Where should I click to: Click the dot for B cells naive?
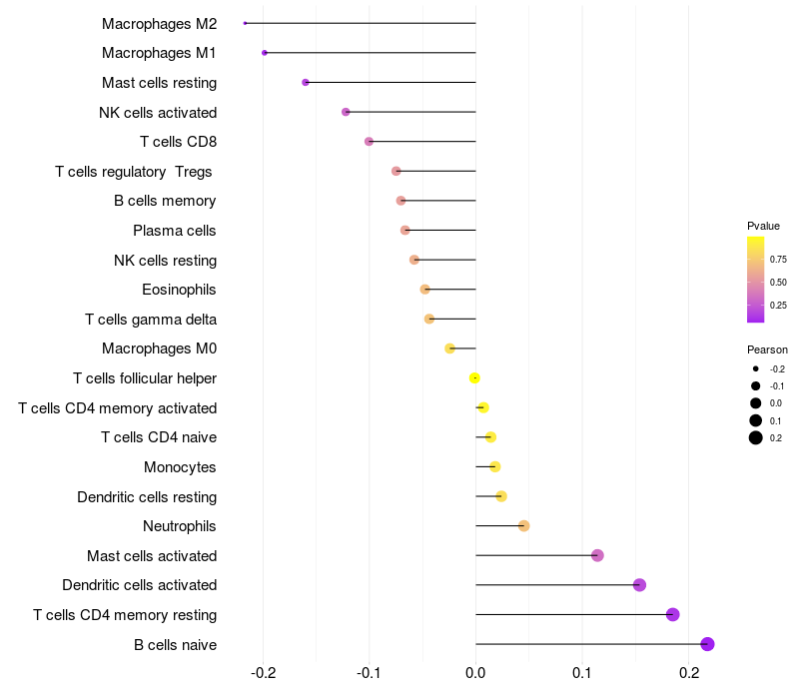point(708,644)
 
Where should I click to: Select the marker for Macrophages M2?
point(246,23)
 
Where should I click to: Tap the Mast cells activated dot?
point(597,555)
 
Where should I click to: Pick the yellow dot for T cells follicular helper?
point(475,377)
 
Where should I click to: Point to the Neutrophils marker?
point(523,526)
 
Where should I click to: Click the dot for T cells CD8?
point(369,142)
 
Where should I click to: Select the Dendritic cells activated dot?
point(639,585)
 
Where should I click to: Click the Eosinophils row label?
point(180,290)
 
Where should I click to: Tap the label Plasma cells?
point(175,231)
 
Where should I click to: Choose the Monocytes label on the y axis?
point(180,467)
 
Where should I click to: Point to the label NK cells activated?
point(158,112)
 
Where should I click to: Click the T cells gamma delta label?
point(151,320)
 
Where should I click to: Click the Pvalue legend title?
point(764,226)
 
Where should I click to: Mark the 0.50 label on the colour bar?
point(777,282)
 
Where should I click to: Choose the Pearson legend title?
point(767,349)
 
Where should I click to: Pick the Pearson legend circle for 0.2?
point(756,437)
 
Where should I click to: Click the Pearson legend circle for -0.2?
point(756,368)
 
